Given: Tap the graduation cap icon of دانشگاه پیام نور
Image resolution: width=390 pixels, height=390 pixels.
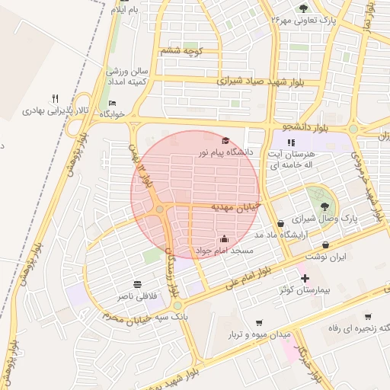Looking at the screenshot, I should [x=225, y=141].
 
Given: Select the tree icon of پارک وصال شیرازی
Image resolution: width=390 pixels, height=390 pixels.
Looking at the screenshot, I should [x=325, y=204].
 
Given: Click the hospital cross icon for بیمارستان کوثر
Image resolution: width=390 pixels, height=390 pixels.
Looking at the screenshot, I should [x=305, y=279].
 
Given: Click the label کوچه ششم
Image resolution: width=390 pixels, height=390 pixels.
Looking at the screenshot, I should [x=181, y=51].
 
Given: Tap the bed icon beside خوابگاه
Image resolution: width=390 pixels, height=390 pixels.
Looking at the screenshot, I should [x=113, y=103].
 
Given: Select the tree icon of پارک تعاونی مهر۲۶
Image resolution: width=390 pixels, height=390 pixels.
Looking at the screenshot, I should [x=304, y=8].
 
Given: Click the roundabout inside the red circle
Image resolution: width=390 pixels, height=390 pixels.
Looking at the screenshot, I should [x=160, y=209].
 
